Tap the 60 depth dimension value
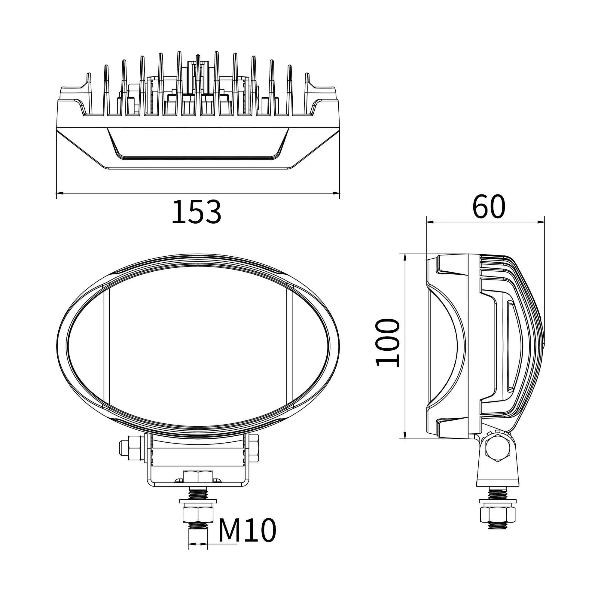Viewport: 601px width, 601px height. coord(488,206)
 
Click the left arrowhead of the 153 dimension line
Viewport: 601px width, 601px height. coord(60,193)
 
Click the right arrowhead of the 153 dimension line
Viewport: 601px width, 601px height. coord(336,193)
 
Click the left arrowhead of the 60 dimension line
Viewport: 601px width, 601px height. coord(431,221)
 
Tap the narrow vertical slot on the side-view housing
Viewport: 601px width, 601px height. coord(511,345)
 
